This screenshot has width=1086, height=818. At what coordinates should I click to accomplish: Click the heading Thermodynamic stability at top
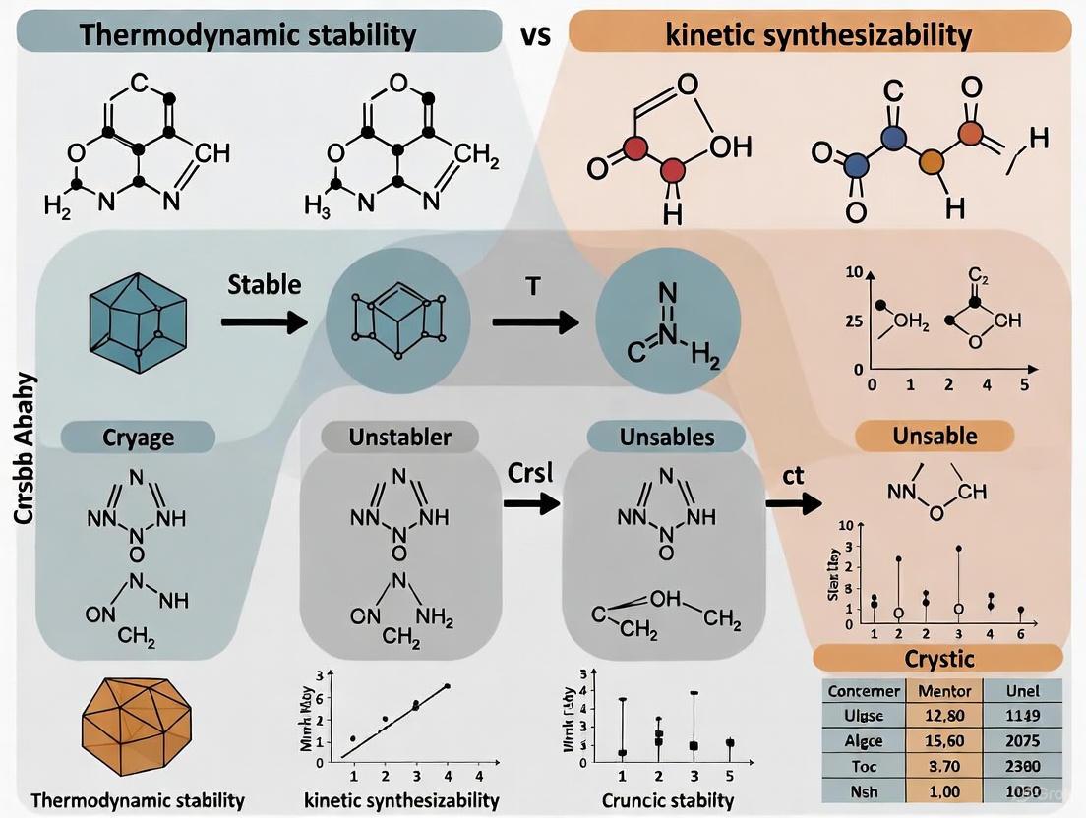250,36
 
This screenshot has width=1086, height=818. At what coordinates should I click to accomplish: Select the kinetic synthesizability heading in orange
818,36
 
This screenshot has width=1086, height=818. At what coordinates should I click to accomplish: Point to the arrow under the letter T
532,321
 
